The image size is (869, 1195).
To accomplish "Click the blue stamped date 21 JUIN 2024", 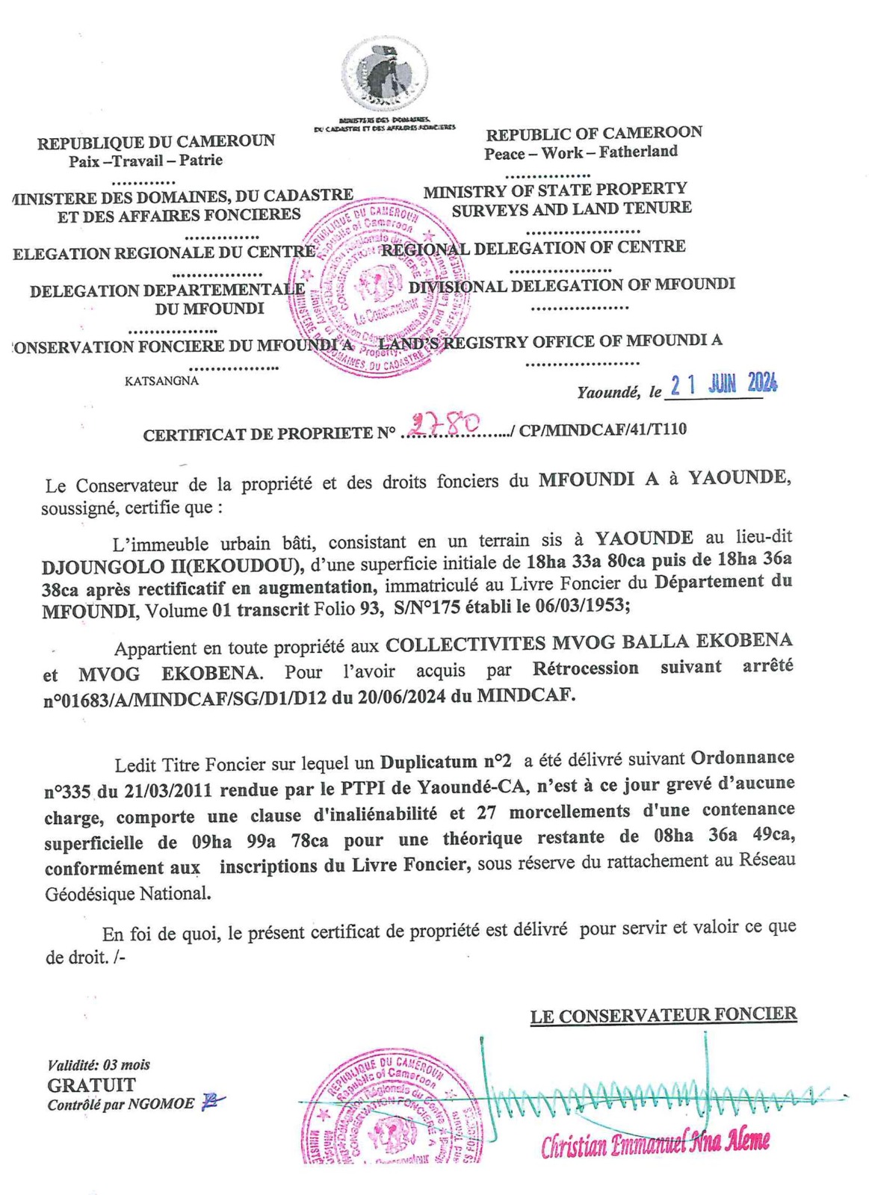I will pyautogui.click(x=723, y=385).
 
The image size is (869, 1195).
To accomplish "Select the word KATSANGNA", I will pyautogui.click(x=162, y=381).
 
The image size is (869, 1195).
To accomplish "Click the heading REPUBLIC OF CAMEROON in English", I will pyautogui.click(x=594, y=134).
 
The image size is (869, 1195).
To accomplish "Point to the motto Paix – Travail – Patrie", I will pyautogui.click(x=146, y=160).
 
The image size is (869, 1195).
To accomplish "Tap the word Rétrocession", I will pyautogui.click(x=585, y=668).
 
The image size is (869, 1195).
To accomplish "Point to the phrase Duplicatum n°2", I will pyautogui.click(x=446, y=762).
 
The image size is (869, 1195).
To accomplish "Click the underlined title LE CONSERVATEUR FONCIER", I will pyautogui.click(x=664, y=1015).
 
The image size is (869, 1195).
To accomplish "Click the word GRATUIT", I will pyautogui.click(x=92, y=1084).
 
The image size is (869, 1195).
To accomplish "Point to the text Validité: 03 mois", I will pyautogui.click(x=99, y=1065).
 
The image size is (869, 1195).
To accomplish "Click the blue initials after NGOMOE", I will pyautogui.click(x=212, y=1102).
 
